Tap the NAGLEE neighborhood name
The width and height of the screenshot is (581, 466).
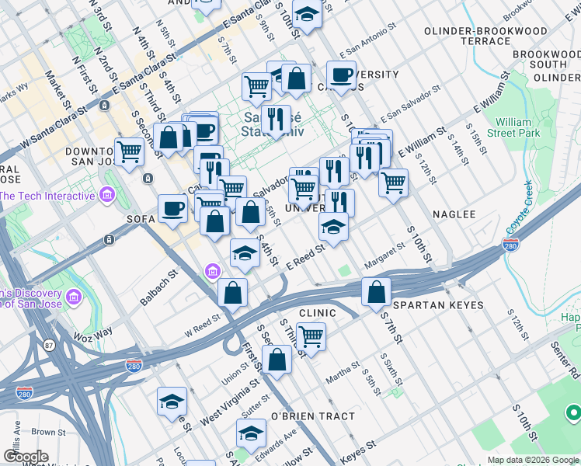[x=453, y=214]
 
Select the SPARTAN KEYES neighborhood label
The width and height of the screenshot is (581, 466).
[x=438, y=306]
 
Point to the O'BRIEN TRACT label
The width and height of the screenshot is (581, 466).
[x=312, y=416]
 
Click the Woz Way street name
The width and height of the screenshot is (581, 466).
[x=93, y=332]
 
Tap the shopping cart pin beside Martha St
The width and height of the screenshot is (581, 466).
[x=311, y=337]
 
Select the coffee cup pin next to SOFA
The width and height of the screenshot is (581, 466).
[x=172, y=207]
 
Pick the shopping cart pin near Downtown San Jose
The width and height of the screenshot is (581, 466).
[x=129, y=151]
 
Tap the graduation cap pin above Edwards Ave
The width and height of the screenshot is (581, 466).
[x=251, y=433]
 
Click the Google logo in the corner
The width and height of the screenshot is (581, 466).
[x=25, y=457]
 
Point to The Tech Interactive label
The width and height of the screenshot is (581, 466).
[x=47, y=196]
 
